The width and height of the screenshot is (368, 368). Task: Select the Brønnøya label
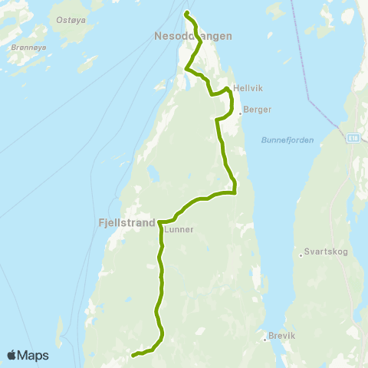click(25, 47)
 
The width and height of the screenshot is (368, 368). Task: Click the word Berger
click(258, 110)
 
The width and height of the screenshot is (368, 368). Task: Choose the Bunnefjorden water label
click(284, 140)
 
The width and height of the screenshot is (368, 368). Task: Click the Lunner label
click(179, 228)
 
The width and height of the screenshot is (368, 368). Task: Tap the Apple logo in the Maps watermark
click(12, 355)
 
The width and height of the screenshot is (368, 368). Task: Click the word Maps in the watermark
click(34, 356)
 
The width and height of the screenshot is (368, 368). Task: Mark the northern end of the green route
click(186, 13)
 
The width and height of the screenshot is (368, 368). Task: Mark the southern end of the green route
click(133, 356)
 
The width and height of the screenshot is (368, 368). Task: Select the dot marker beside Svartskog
click(300, 255)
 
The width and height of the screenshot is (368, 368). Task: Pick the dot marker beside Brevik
click(263, 335)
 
